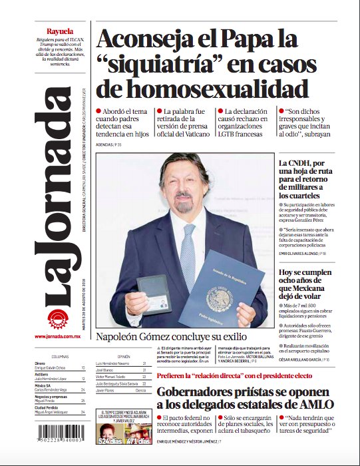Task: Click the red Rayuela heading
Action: (60, 32)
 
